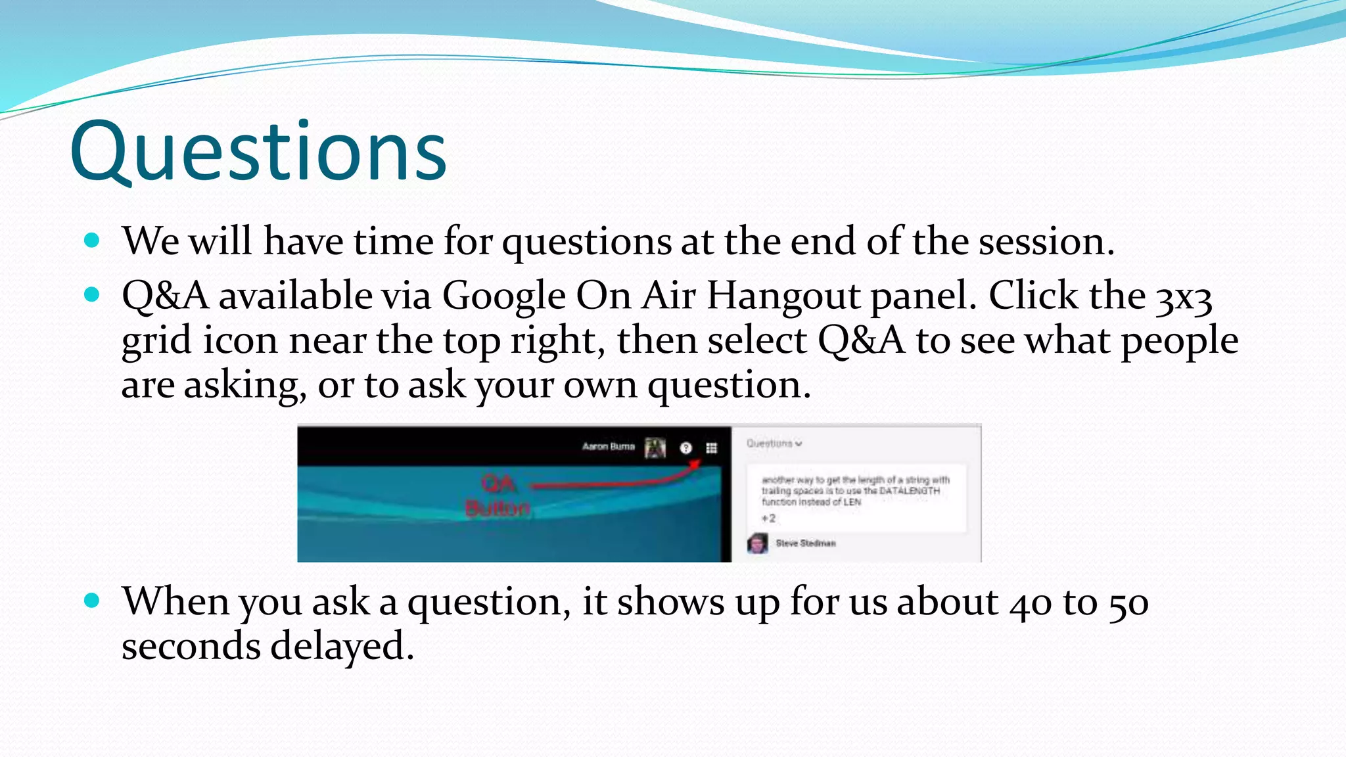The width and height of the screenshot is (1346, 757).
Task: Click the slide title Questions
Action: (x=258, y=152)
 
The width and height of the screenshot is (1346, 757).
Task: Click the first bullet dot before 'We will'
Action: (x=92, y=241)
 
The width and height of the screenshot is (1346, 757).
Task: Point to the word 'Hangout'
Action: (x=783, y=296)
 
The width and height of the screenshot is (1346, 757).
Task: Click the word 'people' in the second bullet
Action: (x=1179, y=342)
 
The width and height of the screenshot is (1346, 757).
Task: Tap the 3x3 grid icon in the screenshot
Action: (x=711, y=448)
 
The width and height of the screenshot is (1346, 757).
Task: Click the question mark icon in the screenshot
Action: (x=685, y=448)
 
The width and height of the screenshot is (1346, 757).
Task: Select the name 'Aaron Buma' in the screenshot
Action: (x=608, y=447)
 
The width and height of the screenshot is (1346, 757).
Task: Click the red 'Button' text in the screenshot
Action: (x=498, y=509)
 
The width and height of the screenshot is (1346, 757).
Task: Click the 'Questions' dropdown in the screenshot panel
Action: (x=774, y=444)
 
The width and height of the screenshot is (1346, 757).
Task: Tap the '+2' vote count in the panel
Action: (x=768, y=518)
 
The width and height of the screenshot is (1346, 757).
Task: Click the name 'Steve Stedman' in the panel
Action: (x=805, y=543)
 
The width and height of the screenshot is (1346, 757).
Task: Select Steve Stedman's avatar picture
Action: (x=757, y=543)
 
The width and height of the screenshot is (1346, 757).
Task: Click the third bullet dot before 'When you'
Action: (x=92, y=600)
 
